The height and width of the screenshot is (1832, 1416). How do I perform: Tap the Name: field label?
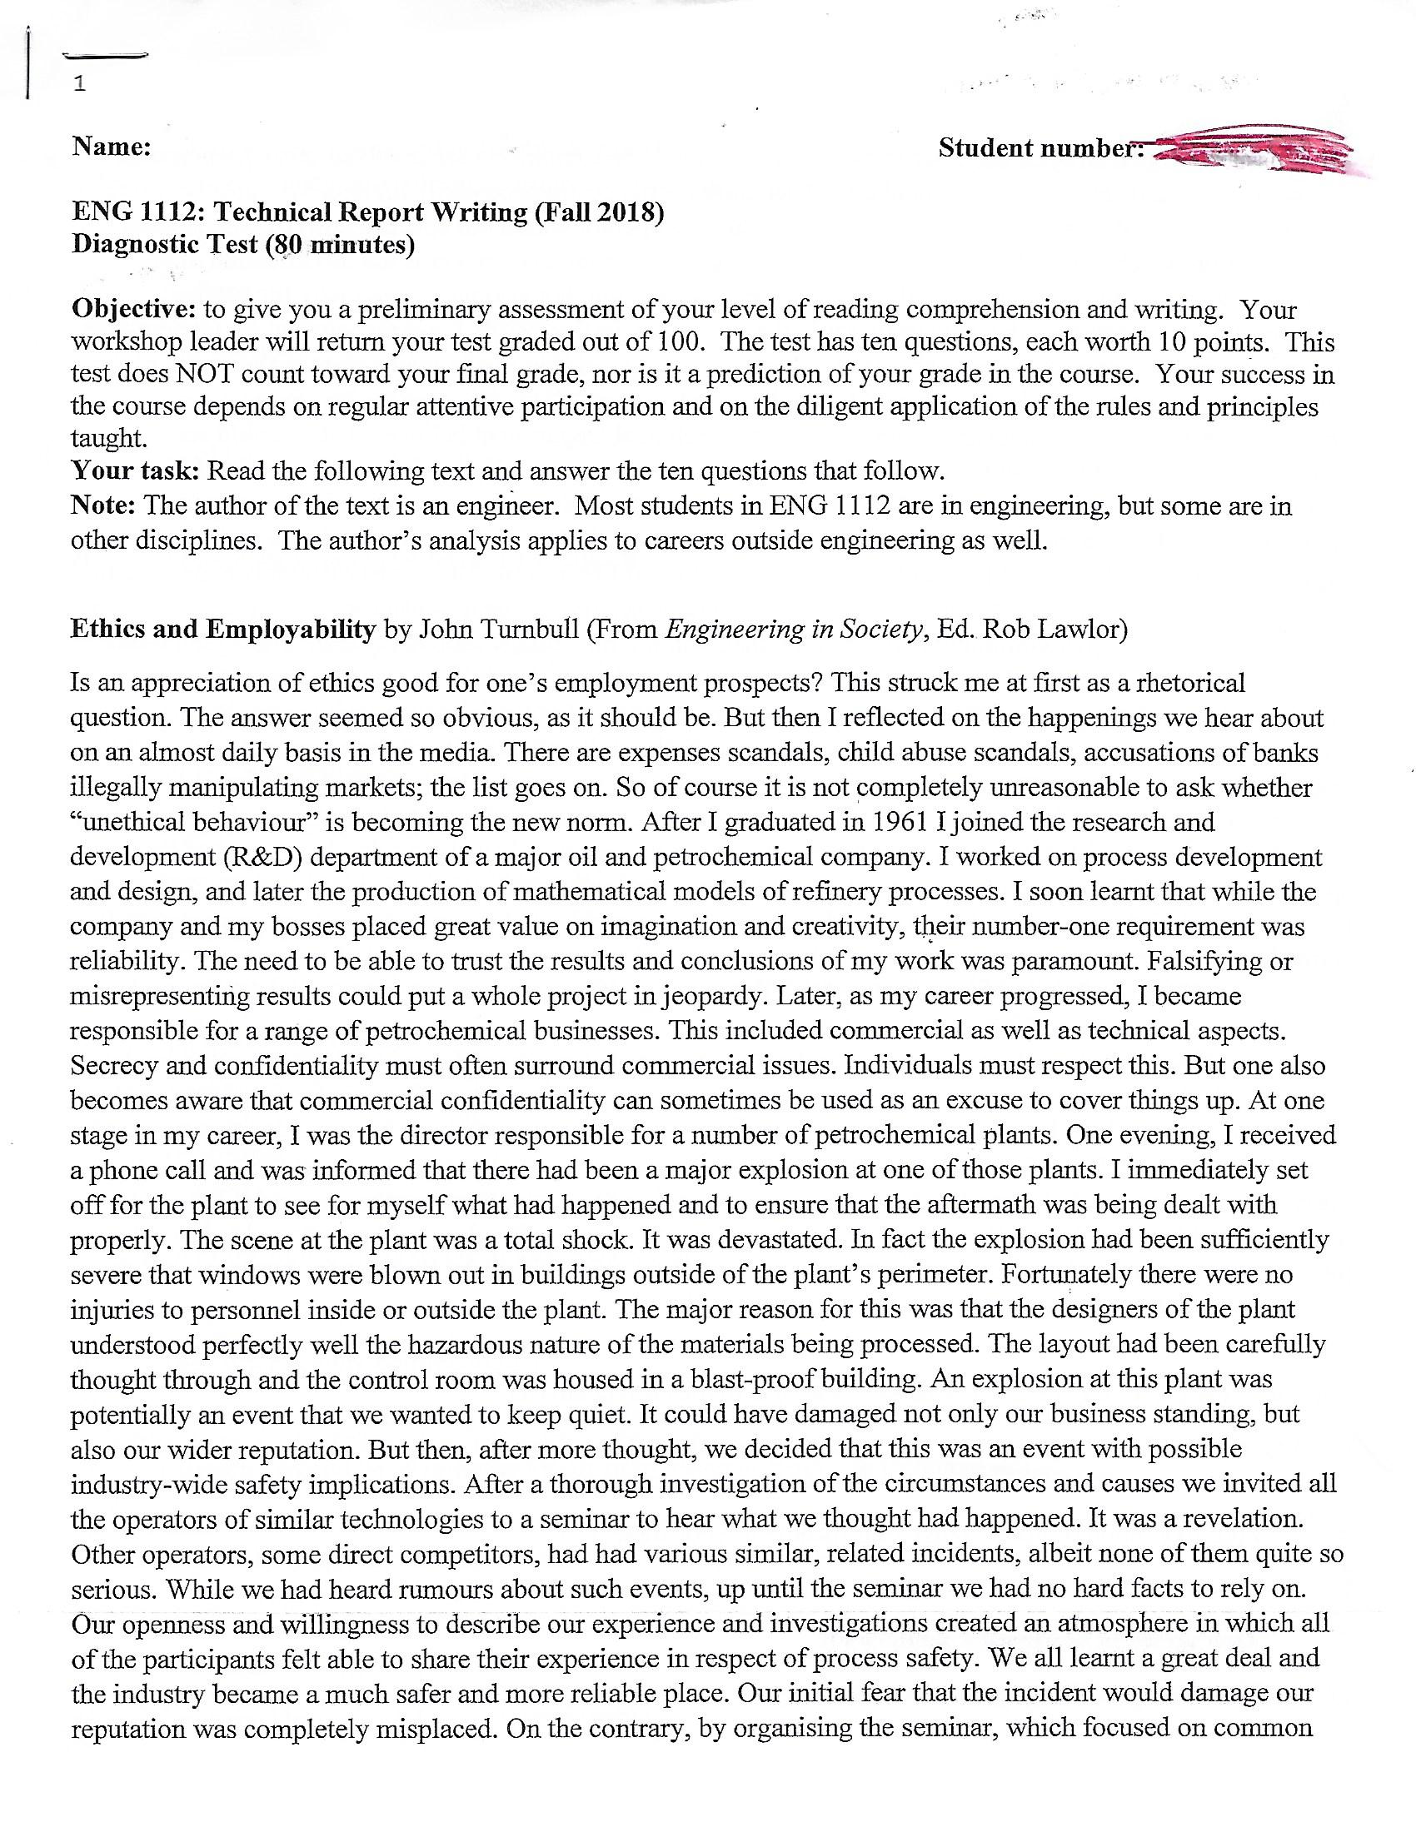pyautogui.click(x=112, y=147)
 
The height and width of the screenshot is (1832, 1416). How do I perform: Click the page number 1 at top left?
pyautogui.click(x=79, y=84)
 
